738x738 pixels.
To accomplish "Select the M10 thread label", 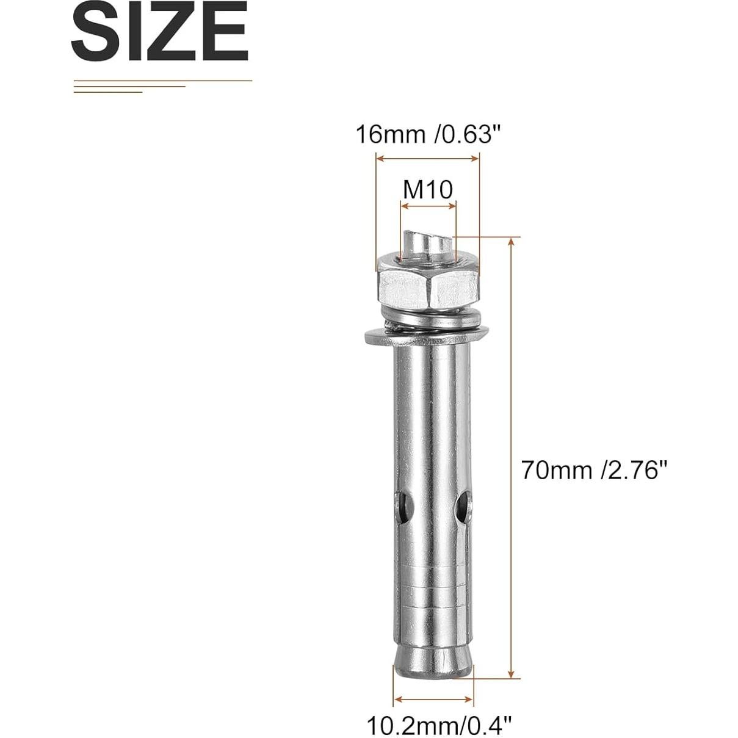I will pyautogui.click(x=428, y=190).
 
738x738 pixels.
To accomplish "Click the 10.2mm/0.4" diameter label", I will pyautogui.click(x=438, y=726).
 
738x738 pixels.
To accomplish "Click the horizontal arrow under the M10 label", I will pyautogui.click(x=428, y=207).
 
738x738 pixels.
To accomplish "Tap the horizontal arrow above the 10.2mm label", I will pyautogui.click(x=433, y=699).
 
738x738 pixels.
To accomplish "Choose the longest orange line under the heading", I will pyautogui.click(x=162, y=81).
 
